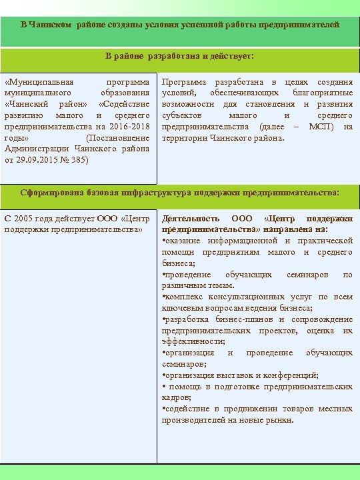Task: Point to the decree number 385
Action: tap(78, 161)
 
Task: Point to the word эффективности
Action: tap(187, 342)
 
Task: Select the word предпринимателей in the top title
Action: tap(300, 24)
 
